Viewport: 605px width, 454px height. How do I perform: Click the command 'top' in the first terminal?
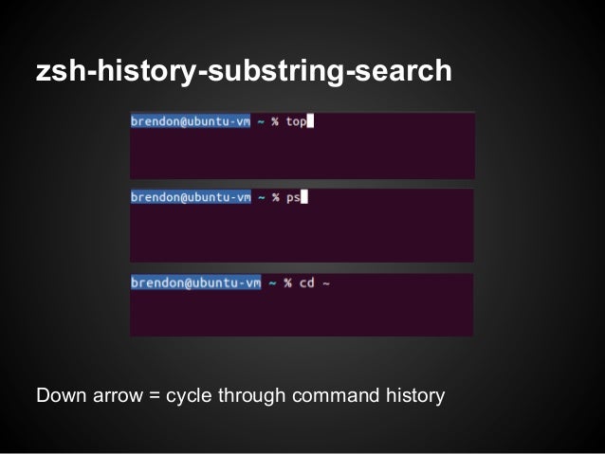click(296, 121)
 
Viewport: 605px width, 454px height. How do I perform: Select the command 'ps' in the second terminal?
click(292, 198)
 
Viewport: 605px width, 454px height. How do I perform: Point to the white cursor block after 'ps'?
click(305, 197)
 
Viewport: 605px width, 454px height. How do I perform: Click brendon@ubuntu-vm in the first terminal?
click(191, 121)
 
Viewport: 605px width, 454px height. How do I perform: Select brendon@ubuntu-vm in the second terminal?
click(191, 197)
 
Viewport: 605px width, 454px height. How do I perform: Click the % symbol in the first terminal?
click(275, 121)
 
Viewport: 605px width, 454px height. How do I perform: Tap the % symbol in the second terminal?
click(275, 197)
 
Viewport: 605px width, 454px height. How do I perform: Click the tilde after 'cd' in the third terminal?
click(325, 282)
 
